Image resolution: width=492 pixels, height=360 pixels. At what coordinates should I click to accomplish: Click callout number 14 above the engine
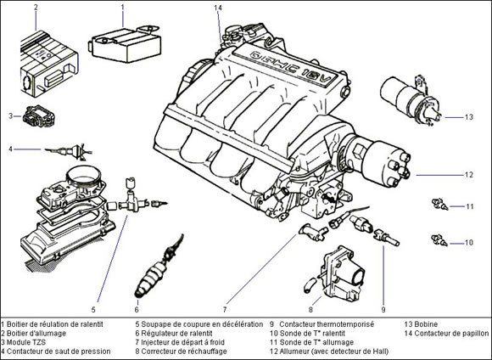tap(218, 8)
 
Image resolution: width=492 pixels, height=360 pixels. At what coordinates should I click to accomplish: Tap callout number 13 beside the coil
tap(469, 117)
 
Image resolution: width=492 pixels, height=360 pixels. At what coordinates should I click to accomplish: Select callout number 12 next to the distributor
tap(469, 175)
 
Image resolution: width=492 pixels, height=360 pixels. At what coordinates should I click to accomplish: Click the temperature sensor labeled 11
tap(440, 204)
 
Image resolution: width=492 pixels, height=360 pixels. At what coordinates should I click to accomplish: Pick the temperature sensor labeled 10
tap(440, 240)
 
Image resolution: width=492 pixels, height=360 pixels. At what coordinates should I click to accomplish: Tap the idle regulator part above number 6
tap(159, 267)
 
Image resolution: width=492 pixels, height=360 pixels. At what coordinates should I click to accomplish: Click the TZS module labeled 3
tap(39, 116)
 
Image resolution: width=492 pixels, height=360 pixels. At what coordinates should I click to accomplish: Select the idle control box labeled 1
tap(126, 44)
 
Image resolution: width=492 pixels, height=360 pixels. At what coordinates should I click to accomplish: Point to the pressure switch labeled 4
tap(69, 151)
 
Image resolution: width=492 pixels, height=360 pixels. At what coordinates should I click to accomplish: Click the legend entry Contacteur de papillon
tap(451, 334)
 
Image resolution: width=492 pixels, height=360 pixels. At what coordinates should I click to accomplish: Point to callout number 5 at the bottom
tap(93, 310)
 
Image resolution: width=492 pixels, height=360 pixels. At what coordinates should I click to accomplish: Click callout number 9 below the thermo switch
tap(383, 310)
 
